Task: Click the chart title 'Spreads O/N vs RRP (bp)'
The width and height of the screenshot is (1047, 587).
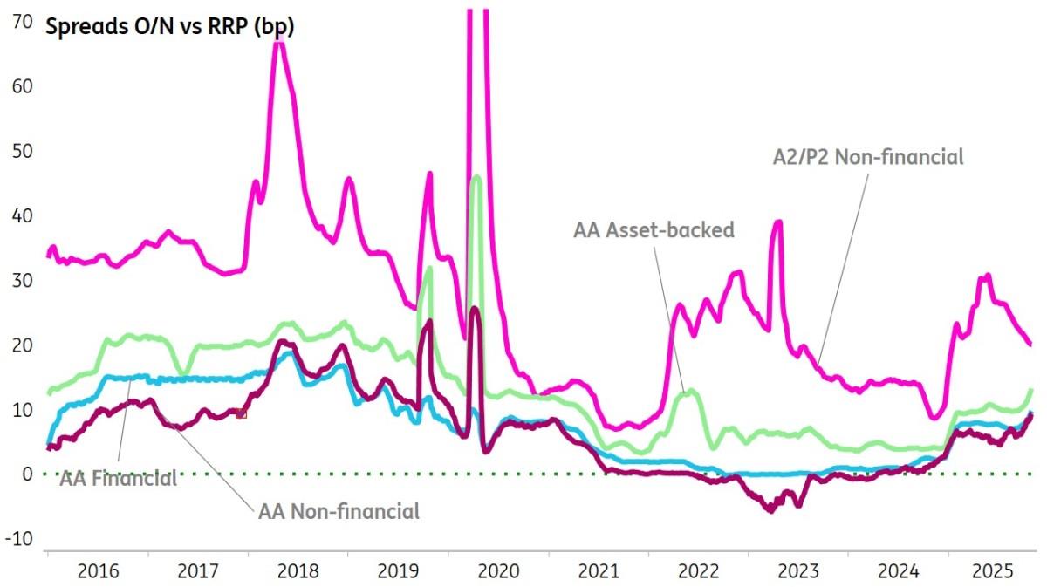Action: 169,26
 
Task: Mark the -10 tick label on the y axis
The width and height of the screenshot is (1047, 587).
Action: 18,539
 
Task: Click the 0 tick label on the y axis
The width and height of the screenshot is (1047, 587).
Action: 27,474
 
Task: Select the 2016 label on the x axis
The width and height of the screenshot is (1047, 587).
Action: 98,572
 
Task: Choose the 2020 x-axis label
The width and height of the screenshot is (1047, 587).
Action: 498,572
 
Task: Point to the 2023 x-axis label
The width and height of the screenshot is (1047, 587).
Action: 798,572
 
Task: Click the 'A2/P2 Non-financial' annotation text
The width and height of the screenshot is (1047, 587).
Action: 868,158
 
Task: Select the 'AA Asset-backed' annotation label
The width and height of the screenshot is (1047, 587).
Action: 654,230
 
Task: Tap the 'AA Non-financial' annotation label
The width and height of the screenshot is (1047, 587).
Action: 339,511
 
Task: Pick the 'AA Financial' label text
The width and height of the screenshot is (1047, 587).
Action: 118,478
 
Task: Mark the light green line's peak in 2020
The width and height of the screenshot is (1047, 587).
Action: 476,177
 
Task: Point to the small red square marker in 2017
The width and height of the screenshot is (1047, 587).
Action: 242,413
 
